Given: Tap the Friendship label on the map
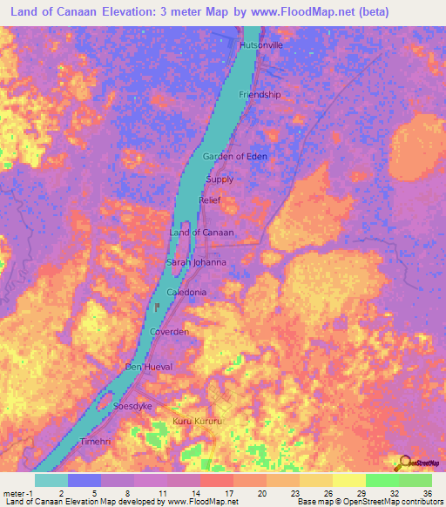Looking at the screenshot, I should pyautogui.click(x=260, y=94).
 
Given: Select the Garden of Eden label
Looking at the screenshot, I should pyautogui.click(x=235, y=156).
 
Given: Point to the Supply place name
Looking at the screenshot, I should pyautogui.click(x=220, y=179).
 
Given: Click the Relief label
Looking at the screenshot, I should pyautogui.click(x=210, y=200).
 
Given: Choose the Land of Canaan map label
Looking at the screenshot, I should pyautogui.click(x=201, y=233).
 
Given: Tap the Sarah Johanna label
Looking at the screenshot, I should pyautogui.click(x=196, y=261).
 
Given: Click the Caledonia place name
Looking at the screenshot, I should pyautogui.click(x=186, y=293).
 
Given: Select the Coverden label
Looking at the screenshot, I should pyautogui.click(x=169, y=332).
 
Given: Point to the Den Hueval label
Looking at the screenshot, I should pyautogui.click(x=150, y=367).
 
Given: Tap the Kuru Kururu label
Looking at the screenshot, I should pyautogui.click(x=199, y=422).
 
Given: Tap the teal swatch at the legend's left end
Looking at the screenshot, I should pyautogui.click(x=51, y=480).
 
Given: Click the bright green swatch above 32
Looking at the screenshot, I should pyautogui.click(x=382, y=480).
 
